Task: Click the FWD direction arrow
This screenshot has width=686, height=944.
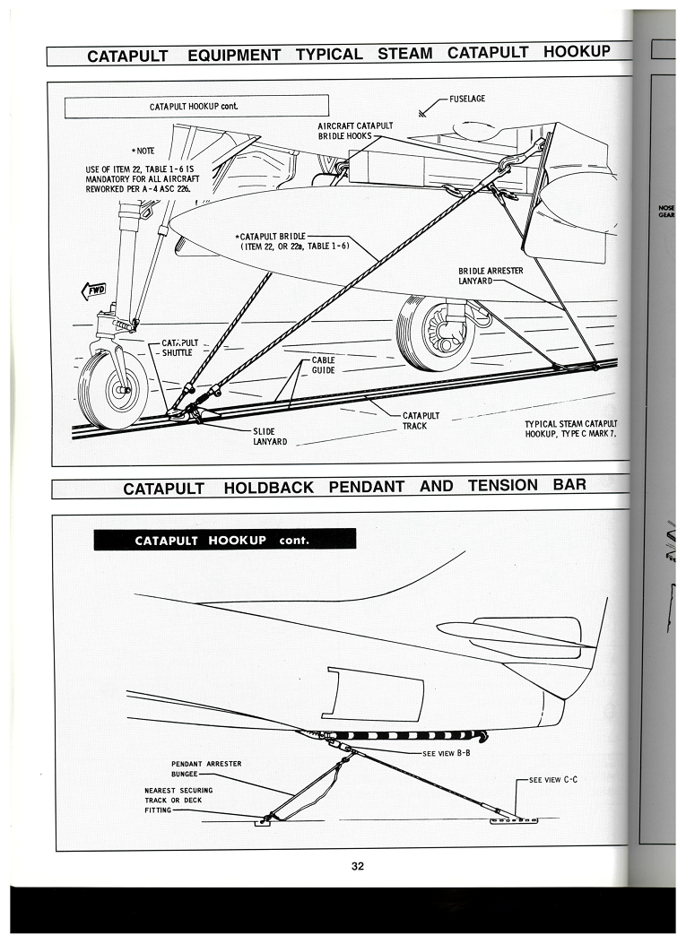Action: [x=93, y=290]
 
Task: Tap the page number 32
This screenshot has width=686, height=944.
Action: [x=358, y=866]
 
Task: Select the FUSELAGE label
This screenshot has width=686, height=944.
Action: [x=467, y=99]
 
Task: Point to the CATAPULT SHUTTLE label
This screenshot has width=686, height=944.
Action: [x=179, y=347]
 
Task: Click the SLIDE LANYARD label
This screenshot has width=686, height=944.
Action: [x=270, y=437]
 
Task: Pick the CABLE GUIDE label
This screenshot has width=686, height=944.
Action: [x=323, y=365]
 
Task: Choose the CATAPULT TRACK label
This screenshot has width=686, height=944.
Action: [x=421, y=420]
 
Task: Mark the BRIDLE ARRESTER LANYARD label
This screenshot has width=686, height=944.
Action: [x=491, y=276]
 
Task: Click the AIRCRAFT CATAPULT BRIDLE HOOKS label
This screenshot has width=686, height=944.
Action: [x=355, y=131]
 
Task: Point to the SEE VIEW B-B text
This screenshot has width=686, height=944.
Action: [x=447, y=753]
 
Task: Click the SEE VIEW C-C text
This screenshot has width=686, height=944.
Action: [x=553, y=780]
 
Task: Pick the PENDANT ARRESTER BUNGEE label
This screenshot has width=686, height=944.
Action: [x=206, y=769]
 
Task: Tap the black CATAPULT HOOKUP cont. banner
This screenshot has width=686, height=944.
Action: [x=225, y=540]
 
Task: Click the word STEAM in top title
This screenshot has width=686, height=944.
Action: [x=404, y=54]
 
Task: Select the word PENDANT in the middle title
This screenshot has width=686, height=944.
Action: [x=366, y=487]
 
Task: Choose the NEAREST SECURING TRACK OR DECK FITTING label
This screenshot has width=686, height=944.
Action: [x=178, y=800]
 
